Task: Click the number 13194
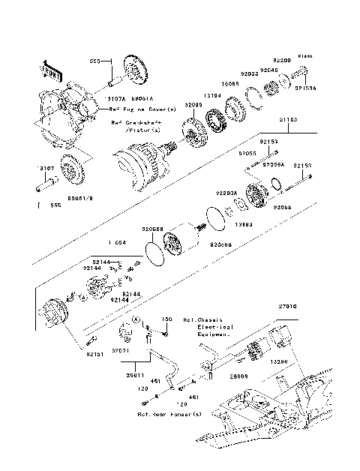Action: (x=212, y=95)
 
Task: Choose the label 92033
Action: (x=250, y=74)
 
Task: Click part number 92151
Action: (x=94, y=352)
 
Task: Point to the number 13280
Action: (x=278, y=361)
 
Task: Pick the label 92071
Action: (x=121, y=350)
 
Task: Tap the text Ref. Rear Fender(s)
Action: (x=169, y=413)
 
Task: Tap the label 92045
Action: (x=269, y=70)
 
